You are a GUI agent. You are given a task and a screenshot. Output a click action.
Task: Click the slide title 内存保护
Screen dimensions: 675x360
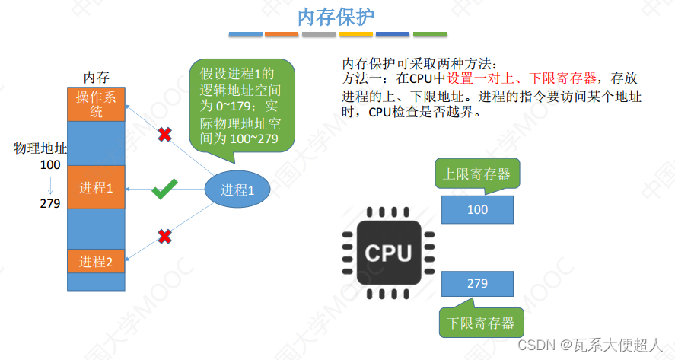(337, 17)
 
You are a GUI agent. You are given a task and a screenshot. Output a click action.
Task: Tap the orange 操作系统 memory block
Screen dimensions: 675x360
(95, 104)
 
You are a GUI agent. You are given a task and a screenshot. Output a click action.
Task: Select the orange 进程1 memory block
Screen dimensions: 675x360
(95, 187)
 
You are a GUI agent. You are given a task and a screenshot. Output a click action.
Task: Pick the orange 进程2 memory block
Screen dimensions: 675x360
(95, 261)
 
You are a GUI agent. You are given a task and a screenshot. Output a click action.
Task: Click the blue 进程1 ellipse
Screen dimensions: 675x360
(237, 190)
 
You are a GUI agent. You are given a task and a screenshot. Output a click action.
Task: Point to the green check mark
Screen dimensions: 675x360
(164, 190)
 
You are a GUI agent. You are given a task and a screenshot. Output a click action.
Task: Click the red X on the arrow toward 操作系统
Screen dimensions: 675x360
(164, 135)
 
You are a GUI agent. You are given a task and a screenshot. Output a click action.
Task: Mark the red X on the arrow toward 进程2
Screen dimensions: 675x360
(164, 237)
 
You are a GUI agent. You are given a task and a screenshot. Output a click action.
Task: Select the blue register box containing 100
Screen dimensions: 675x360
(477, 209)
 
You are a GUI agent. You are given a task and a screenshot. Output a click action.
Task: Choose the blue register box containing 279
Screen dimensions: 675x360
(477, 283)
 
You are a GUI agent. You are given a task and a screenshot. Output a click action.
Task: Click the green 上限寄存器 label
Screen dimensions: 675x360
(477, 174)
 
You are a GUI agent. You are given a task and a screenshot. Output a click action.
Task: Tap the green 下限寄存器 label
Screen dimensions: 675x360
(481, 322)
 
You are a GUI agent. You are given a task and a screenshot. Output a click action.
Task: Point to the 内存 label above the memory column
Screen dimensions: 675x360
(96, 78)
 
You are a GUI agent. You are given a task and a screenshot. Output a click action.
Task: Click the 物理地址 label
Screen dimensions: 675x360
(40, 148)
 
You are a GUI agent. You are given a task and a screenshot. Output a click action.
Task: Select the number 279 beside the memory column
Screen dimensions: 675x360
(50, 203)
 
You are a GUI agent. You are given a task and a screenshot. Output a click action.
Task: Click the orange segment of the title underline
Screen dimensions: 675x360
(281, 34)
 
